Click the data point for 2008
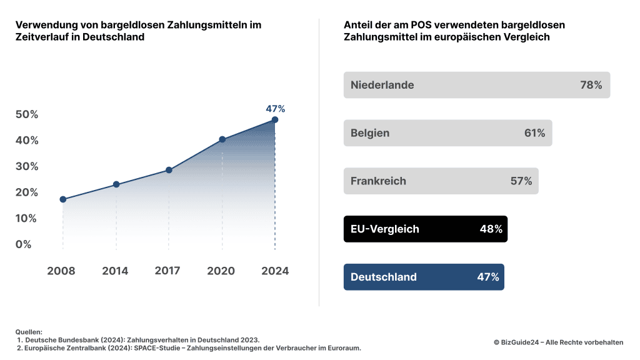click(63, 199)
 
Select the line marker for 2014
click(116, 184)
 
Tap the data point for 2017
click(169, 170)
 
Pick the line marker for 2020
click(222, 139)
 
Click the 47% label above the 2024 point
click(275, 109)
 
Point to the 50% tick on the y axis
click(27, 114)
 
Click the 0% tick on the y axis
click(24, 244)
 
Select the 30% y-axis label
click(27, 166)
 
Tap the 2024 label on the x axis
click(275, 271)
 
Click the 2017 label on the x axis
click(167, 271)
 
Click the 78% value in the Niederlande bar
click(591, 85)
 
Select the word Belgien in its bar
click(370, 133)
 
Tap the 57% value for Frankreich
click(521, 181)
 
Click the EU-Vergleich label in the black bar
click(385, 229)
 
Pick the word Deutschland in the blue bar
click(384, 277)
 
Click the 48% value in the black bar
click(491, 229)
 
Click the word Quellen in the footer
click(29, 332)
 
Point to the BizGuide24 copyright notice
click(558, 342)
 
